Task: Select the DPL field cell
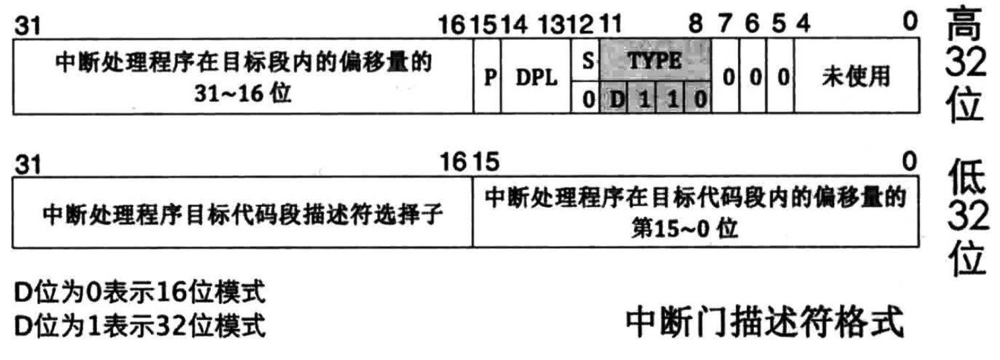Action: (536, 78)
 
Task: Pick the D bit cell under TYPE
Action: (616, 99)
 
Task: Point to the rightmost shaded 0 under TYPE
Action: (701, 99)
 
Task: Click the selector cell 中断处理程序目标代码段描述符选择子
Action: (243, 215)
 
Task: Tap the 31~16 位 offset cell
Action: (243, 78)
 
